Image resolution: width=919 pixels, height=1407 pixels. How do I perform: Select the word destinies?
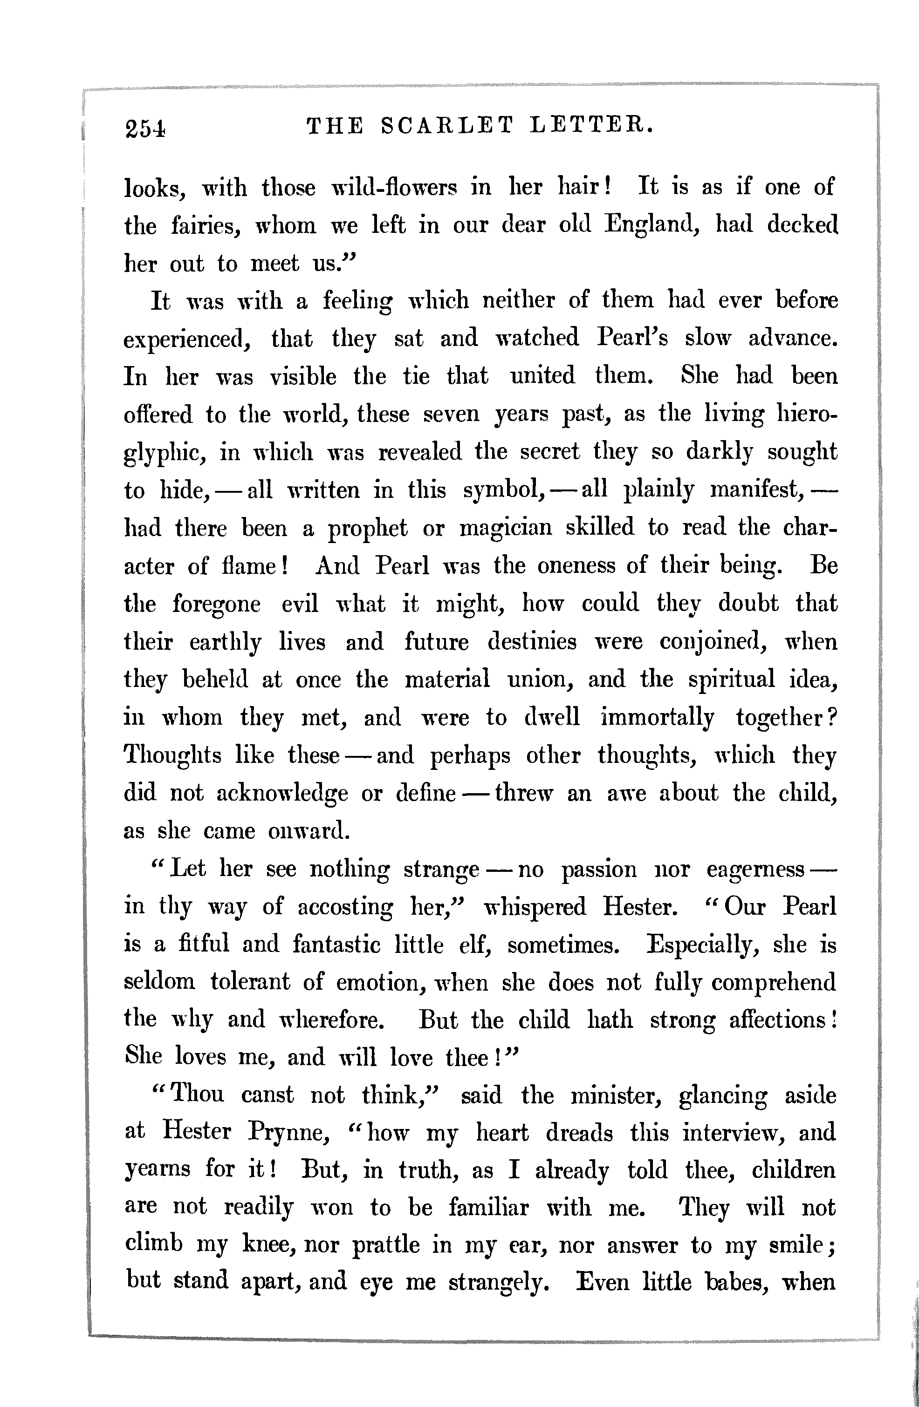pos(532,641)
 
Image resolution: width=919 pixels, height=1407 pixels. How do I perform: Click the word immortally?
pos(657,718)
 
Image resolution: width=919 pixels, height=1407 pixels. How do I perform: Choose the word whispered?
pos(535,907)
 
